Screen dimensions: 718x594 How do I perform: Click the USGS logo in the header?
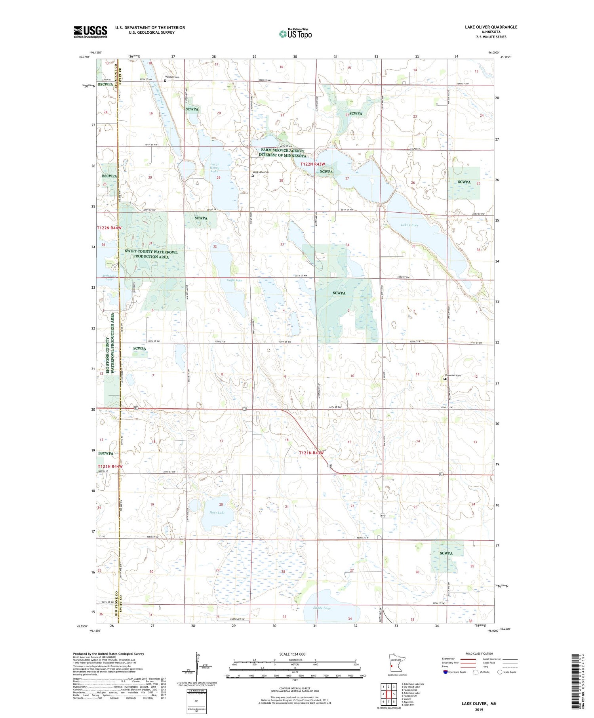90,32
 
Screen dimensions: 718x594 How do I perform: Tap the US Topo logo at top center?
295,34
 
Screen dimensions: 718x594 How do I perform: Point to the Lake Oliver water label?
409,225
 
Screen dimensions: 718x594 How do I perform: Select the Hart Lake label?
217,512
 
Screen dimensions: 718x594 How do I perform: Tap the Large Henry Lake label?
214,168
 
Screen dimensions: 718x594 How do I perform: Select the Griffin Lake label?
234,280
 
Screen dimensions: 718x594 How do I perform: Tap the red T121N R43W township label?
311,453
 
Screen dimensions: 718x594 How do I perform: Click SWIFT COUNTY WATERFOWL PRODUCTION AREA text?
151,254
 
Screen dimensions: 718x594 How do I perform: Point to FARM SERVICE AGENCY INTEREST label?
282,153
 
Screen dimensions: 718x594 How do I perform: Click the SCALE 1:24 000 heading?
292,654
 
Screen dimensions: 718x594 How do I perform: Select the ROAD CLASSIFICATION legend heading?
479,653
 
